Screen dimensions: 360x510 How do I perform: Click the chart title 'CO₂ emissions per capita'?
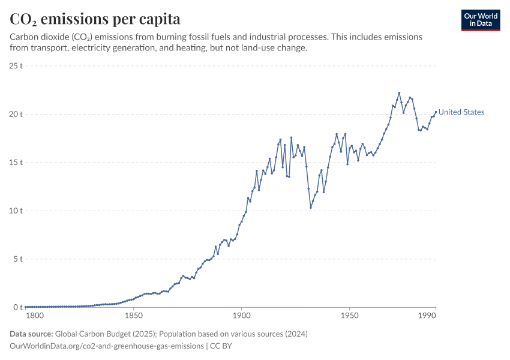pos(95,19)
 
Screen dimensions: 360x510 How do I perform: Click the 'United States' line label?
pos(461,112)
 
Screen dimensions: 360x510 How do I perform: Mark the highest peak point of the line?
pos(399,93)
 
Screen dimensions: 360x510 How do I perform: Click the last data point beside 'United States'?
pos(436,112)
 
